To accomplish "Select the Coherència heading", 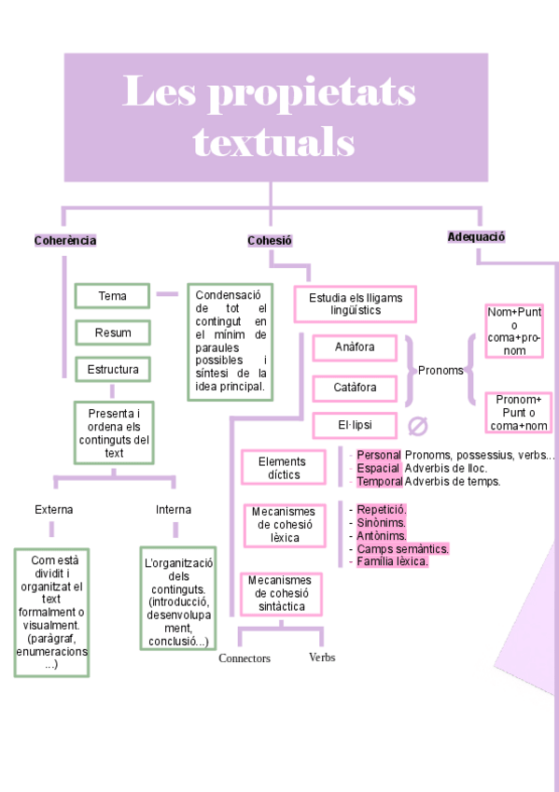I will click(65, 241).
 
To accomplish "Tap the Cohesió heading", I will click(270, 241).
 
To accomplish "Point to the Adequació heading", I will click(476, 237).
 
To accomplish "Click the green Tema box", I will click(112, 296).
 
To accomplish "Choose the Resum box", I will click(112, 332).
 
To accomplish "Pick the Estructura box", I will click(112, 369).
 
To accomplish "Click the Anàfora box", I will click(355, 347).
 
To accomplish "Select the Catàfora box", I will click(355, 386).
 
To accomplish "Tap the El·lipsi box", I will click(355, 425).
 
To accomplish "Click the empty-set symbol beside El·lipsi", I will click(418, 427).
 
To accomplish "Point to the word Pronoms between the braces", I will click(440, 370).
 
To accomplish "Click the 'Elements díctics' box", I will click(281, 468).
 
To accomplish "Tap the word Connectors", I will click(245, 658).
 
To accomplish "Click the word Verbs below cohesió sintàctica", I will click(322, 658).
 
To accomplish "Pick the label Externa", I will click(54, 510).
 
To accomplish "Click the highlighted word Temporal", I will click(380, 482).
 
